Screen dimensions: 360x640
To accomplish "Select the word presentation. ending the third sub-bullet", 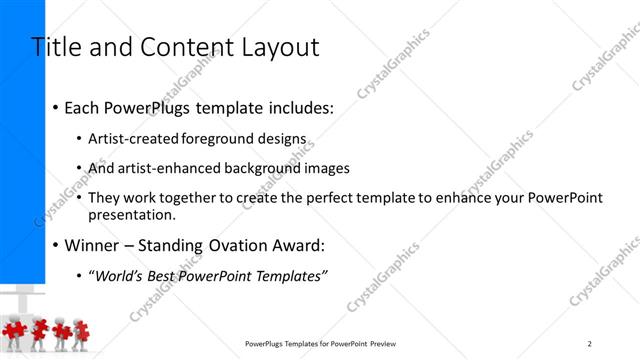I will pyautogui.click(x=132, y=214).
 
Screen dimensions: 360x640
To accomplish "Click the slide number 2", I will pyautogui.click(x=590, y=343).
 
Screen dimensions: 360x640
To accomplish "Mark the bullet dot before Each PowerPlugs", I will pyautogui.click(x=56, y=107).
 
